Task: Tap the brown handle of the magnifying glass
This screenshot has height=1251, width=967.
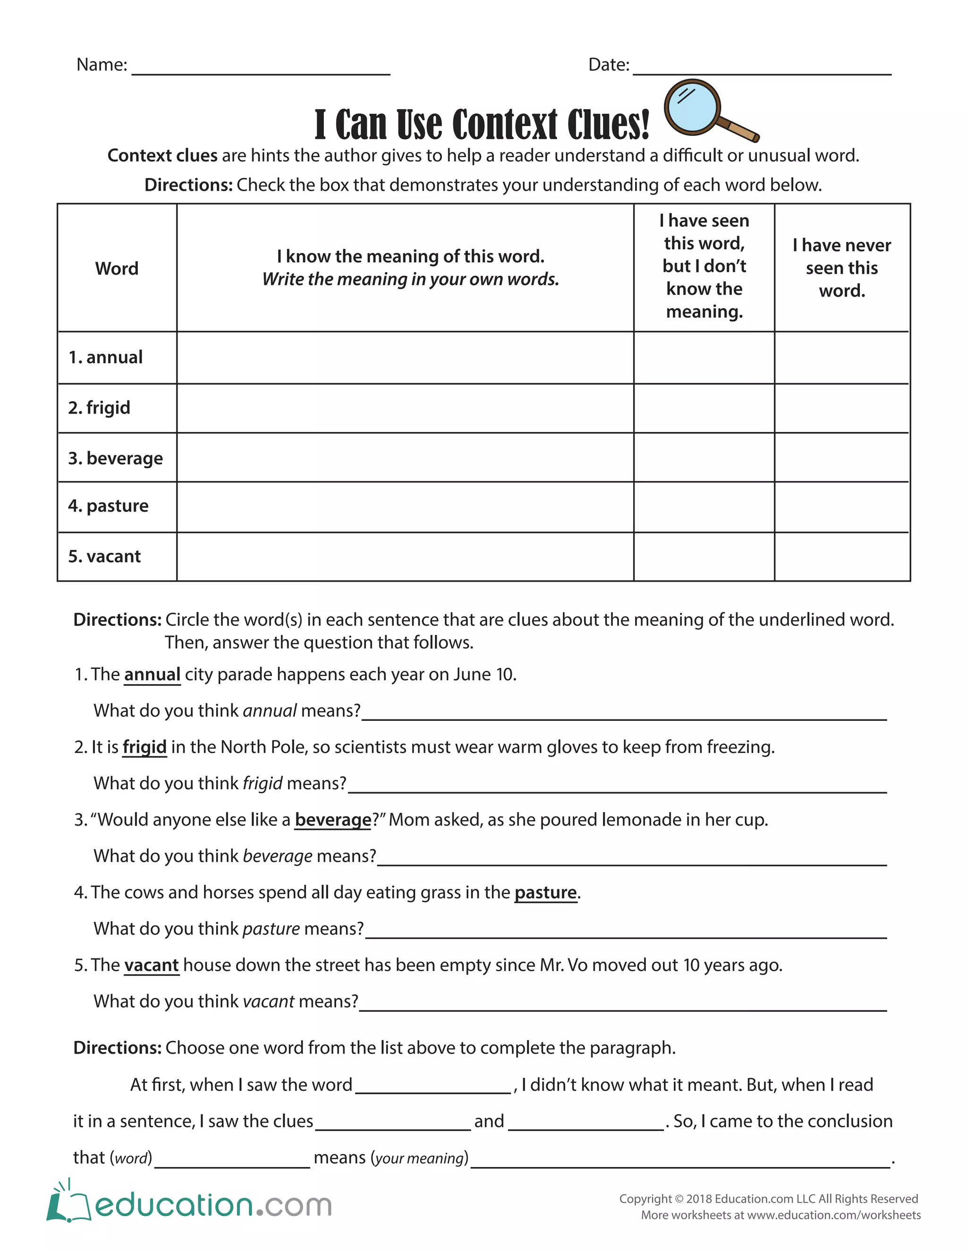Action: point(738,129)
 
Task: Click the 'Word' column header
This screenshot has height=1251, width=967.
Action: point(117,268)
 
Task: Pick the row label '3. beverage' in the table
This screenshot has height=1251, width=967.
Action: point(116,458)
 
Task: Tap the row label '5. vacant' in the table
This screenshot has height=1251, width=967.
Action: point(105,556)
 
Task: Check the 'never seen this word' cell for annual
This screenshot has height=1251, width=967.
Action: point(841,357)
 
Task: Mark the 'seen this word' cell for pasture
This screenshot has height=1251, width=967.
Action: point(704,507)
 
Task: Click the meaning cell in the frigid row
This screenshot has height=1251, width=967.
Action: point(405,408)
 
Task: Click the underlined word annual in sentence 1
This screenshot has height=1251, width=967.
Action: point(153,674)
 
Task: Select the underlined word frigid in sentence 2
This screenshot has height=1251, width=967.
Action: point(144,747)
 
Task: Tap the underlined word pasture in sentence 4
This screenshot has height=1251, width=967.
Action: point(545,892)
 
